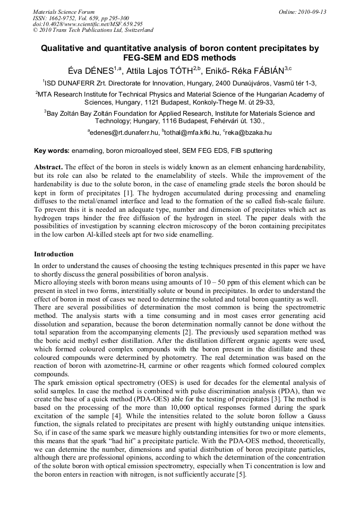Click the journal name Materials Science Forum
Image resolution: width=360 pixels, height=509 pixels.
(64, 11)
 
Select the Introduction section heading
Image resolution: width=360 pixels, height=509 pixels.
(54, 254)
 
